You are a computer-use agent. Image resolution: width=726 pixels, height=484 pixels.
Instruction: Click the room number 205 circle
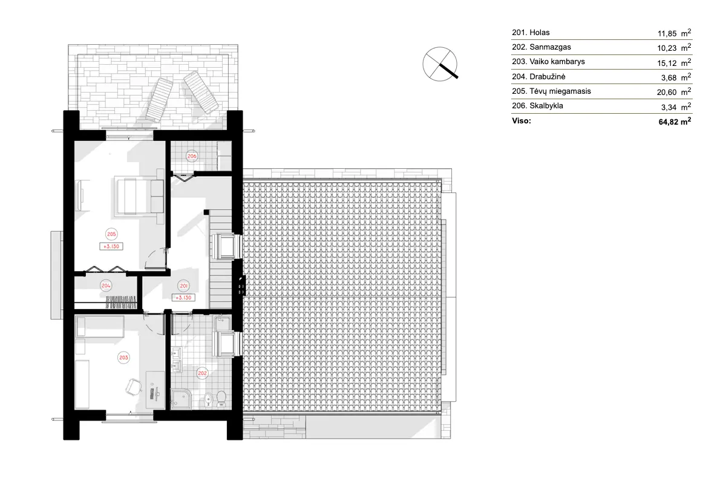(x=111, y=234)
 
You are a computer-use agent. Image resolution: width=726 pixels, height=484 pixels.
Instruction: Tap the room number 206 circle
(x=191, y=156)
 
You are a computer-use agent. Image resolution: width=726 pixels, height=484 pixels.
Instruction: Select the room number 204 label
(x=106, y=286)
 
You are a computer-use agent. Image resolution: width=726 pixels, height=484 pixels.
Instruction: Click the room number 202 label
(x=203, y=373)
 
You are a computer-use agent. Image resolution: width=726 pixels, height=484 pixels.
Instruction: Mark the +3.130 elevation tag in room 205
(x=111, y=246)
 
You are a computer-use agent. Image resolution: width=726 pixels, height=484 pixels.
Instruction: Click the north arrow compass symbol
(x=440, y=63)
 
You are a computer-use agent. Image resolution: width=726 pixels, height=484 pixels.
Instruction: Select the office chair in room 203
(x=132, y=386)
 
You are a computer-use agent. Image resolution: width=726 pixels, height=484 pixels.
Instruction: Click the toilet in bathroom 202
(x=221, y=398)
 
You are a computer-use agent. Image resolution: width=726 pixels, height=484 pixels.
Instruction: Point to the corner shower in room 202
(x=181, y=397)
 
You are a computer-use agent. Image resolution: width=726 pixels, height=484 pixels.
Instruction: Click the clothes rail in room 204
(x=121, y=300)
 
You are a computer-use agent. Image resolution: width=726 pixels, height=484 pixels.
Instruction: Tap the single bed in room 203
(x=100, y=329)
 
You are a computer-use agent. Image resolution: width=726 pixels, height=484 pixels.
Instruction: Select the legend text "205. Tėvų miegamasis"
(x=551, y=91)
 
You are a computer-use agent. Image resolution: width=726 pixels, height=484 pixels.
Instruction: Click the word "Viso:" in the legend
(x=522, y=121)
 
